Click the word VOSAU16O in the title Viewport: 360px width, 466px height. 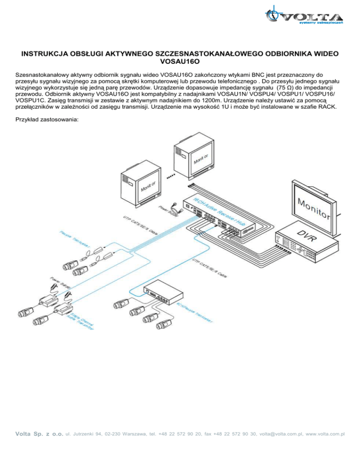click(180, 61)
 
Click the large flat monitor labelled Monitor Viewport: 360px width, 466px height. click(314, 207)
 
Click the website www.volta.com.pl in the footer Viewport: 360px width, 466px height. click(325, 434)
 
